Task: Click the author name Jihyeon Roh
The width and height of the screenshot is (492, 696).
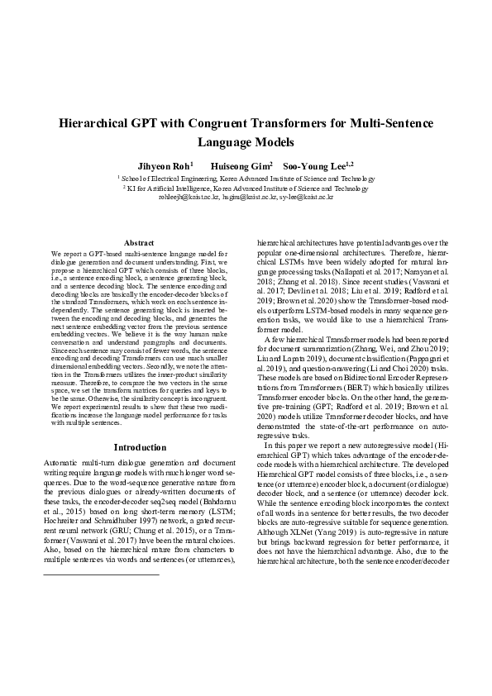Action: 161,165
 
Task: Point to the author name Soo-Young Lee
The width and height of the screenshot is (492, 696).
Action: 318,165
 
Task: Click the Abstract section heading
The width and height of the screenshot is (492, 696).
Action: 139,241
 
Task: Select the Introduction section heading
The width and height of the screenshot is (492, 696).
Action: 139,446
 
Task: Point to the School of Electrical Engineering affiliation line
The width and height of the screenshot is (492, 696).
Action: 246,179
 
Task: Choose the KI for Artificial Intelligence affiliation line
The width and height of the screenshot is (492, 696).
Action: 246,188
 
